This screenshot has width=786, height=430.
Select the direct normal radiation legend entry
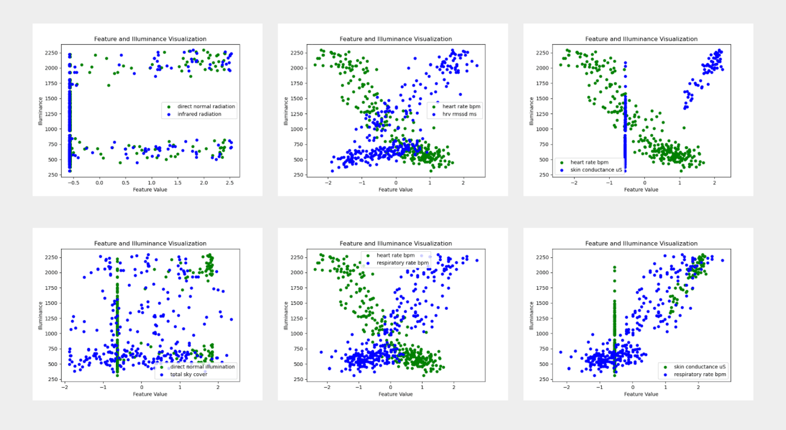[x=206, y=106]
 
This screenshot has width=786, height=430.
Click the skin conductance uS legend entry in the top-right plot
[x=595, y=170]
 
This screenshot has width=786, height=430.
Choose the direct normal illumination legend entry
[x=202, y=367]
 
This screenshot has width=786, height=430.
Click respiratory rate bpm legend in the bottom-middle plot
[x=402, y=263]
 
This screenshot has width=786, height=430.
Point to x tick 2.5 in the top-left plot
[x=229, y=182]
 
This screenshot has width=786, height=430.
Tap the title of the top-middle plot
[x=395, y=39]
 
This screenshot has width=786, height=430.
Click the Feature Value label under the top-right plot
[x=641, y=189]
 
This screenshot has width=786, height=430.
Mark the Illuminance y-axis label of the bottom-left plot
[x=40, y=316]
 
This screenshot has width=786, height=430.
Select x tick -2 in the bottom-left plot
[x=65, y=386]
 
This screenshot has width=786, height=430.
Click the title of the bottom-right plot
[x=641, y=243]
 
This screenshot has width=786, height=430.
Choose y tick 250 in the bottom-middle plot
[x=296, y=379]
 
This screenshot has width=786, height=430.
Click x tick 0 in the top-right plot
[x=644, y=182]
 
